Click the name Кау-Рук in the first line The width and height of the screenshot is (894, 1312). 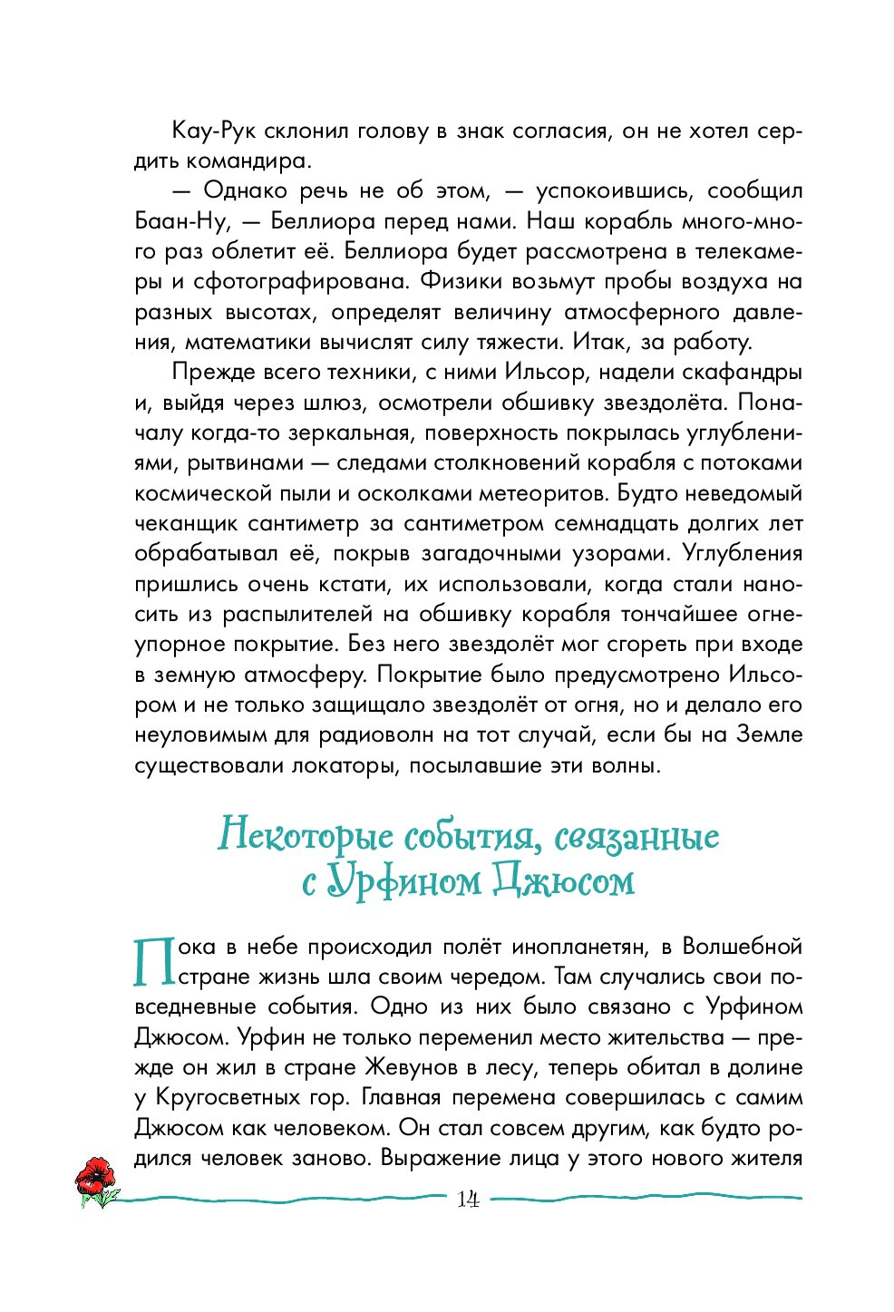point(209,131)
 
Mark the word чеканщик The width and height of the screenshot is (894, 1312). point(186,524)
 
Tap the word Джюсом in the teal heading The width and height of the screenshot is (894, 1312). point(563,880)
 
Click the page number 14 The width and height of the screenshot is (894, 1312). point(468,1200)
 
